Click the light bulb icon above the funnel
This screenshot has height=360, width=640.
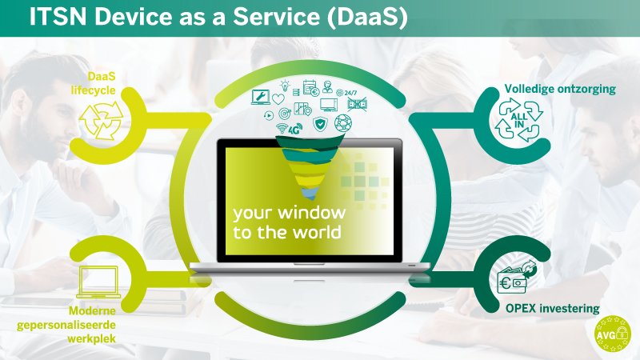click(284, 86)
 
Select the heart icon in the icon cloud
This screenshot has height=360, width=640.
click(278, 100)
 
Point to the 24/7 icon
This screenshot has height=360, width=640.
click(350, 92)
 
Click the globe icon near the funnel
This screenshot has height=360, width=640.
click(342, 122)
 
